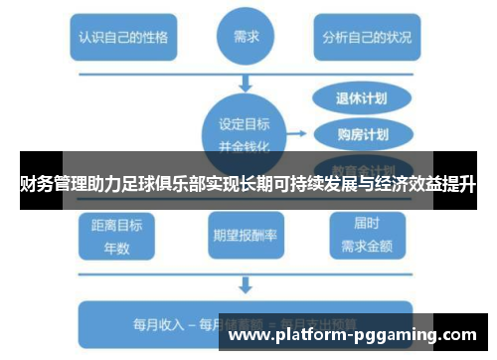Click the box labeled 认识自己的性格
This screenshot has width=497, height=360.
point(123,40)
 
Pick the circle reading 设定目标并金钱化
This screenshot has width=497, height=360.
point(243,131)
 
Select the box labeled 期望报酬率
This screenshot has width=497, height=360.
point(245,235)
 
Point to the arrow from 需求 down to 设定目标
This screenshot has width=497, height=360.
point(245,84)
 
